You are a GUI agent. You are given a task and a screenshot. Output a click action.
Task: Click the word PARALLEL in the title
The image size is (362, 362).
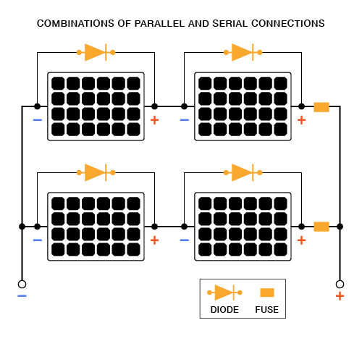point(160,24)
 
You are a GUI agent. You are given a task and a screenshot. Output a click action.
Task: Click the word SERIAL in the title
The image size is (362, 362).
point(230,24)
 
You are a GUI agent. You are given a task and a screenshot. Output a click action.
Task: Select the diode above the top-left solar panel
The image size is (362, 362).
point(96,52)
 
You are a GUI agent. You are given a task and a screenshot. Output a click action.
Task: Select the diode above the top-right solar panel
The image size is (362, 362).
point(243,52)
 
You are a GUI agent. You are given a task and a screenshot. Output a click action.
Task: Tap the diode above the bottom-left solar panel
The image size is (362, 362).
point(96,172)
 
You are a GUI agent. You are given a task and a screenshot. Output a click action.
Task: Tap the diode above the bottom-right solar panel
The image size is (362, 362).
point(243,172)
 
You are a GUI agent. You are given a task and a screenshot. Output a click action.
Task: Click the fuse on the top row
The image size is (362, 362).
point(321,107)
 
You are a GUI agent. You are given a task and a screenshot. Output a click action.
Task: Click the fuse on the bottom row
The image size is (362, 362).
point(321,227)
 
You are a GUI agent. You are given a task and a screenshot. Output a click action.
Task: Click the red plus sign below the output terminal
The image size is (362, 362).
point(340,296)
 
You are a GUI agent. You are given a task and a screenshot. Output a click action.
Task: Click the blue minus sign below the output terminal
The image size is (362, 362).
point(22,296)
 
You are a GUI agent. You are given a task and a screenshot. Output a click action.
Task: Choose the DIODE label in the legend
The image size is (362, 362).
point(224,310)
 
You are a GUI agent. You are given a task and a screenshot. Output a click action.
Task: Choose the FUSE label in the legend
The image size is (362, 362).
point(267,310)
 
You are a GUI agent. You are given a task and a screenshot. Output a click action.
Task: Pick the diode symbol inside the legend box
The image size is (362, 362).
point(224,292)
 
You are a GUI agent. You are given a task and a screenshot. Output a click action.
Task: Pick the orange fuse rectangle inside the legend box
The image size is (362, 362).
point(267,292)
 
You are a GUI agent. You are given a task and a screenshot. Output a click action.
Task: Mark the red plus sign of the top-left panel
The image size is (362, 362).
point(154,120)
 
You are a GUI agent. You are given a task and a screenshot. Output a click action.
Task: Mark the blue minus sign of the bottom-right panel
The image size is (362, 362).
point(185,240)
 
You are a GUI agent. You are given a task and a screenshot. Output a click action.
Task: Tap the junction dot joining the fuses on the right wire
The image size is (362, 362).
point(340,227)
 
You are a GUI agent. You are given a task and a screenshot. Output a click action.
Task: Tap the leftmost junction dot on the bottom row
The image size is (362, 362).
point(22,227)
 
